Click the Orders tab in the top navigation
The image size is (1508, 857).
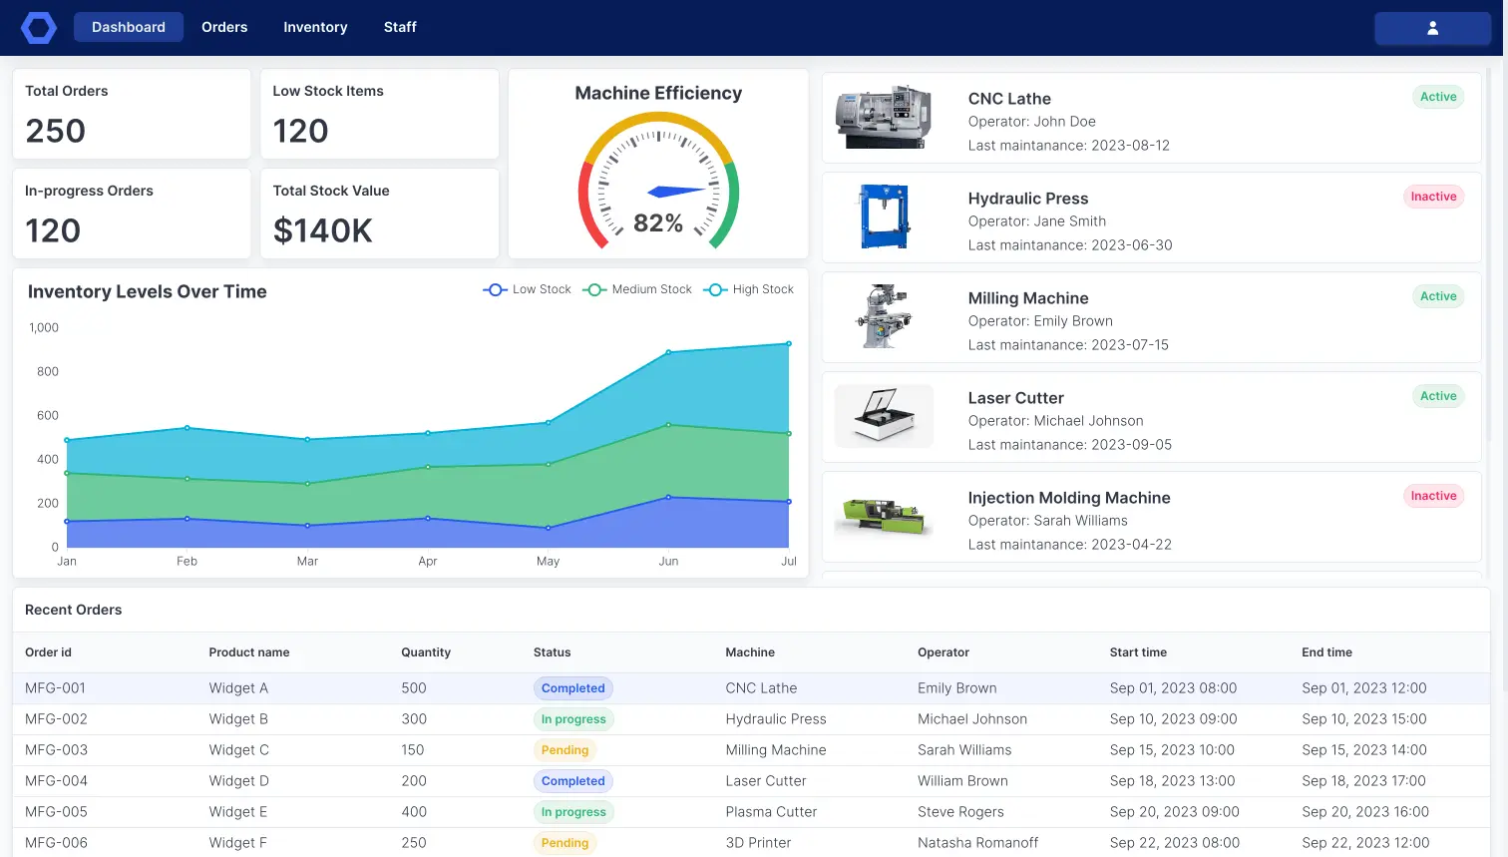click(224, 27)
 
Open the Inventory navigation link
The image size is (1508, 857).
click(315, 27)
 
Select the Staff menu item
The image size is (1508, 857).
click(400, 27)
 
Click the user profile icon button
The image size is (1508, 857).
click(1432, 28)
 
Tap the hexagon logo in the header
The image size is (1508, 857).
click(39, 28)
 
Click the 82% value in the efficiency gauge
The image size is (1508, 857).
click(658, 223)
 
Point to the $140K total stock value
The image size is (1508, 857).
click(322, 230)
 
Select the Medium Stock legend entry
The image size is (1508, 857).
click(637, 289)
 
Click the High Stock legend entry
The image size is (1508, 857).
click(749, 289)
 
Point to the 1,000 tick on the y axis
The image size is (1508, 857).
click(44, 327)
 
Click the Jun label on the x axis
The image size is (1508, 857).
click(668, 561)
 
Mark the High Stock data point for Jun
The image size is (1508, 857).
click(668, 352)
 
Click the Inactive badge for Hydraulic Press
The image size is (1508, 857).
click(1433, 197)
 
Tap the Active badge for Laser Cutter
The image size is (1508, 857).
click(1438, 396)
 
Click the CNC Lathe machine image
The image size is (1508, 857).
click(884, 117)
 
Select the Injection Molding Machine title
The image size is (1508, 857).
click(1069, 498)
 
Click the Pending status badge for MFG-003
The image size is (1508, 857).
click(565, 750)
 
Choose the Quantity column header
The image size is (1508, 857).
click(426, 652)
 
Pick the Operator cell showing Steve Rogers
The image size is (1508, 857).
click(960, 812)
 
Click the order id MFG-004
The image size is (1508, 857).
click(56, 781)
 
